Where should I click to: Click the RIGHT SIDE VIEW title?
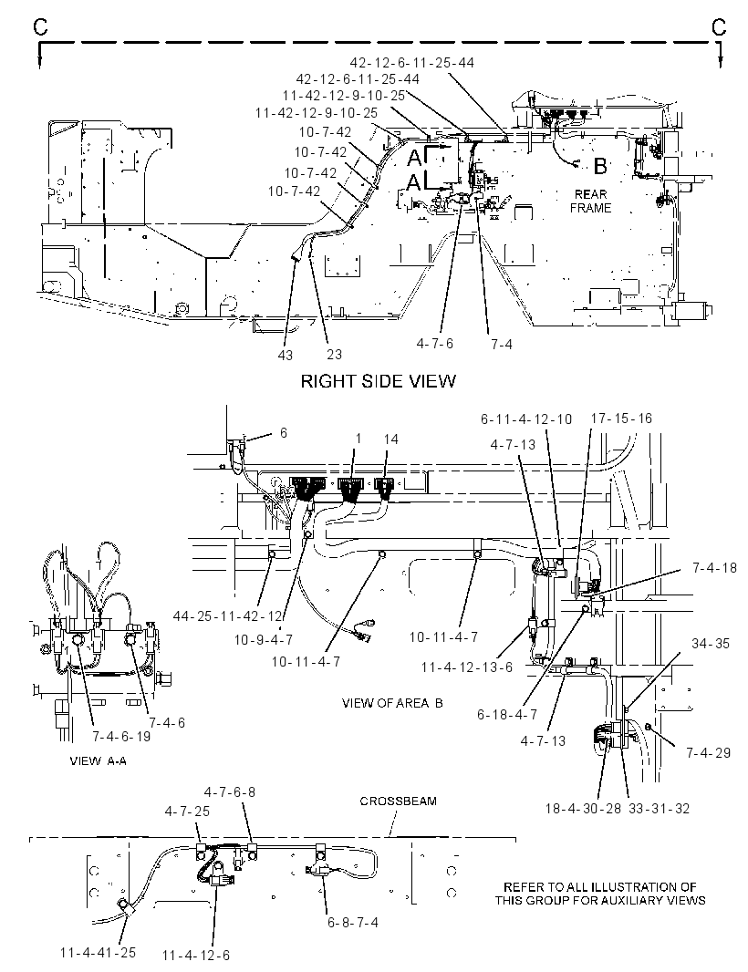(x=378, y=380)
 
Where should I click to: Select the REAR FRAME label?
(x=590, y=202)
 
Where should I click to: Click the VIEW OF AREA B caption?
(x=392, y=703)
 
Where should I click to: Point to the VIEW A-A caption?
(x=98, y=760)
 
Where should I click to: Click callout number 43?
(x=286, y=355)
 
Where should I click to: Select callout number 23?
(x=334, y=354)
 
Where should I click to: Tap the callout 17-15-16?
(x=621, y=419)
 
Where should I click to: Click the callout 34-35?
(x=711, y=644)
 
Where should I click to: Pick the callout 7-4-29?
(x=708, y=752)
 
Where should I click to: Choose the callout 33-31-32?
(x=659, y=809)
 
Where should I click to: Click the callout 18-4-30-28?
(x=582, y=809)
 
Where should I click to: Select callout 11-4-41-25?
(x=98, y=952)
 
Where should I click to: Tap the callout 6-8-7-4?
(x=352, y=923)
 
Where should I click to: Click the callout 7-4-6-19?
(x=121, y=737)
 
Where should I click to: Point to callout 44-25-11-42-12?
(x=228, y=616)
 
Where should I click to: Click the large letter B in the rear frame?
(x=599, y=166)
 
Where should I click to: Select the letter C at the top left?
(x=40, y=26)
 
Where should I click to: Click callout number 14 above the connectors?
(x=390, y=439)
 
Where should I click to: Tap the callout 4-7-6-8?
(x=230, y=791)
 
